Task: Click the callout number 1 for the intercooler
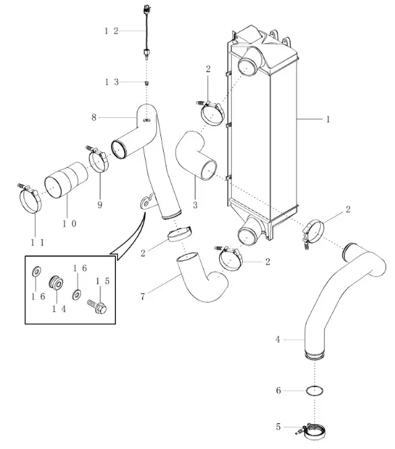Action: coord(328,119)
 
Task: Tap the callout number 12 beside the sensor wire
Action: coord(111,30)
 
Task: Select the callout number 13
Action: coord(112,82)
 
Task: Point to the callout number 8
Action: coord(94,117)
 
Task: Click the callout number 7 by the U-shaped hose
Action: coord(143,297)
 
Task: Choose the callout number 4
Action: coord(278,340)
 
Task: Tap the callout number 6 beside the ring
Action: coord(278,390)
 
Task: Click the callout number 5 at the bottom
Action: coord(278,427)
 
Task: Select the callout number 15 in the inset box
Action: coord(102,281)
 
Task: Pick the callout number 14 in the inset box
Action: coord(59,309)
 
